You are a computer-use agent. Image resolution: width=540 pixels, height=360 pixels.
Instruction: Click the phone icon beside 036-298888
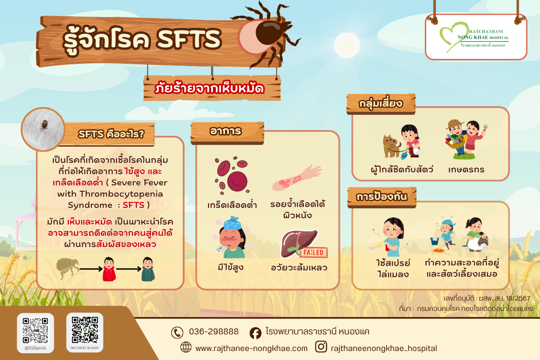click(x=177, y=332)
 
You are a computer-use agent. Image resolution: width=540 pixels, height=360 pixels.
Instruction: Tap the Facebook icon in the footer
click(x=255, y=333)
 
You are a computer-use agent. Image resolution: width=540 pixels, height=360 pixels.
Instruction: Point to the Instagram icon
click(x=321, y=347)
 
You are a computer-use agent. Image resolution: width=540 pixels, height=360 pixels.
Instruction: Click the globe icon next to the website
click(x=185, y=347)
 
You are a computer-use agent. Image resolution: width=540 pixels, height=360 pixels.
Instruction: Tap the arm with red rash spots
click(x=297, y=178)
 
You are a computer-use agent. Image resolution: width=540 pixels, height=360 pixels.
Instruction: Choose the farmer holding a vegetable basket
click(x=455, y=139)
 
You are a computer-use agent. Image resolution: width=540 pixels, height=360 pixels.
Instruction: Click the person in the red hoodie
click(x=108, y=269)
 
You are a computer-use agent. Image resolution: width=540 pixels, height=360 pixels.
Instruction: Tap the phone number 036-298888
click(x=214, y=332)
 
